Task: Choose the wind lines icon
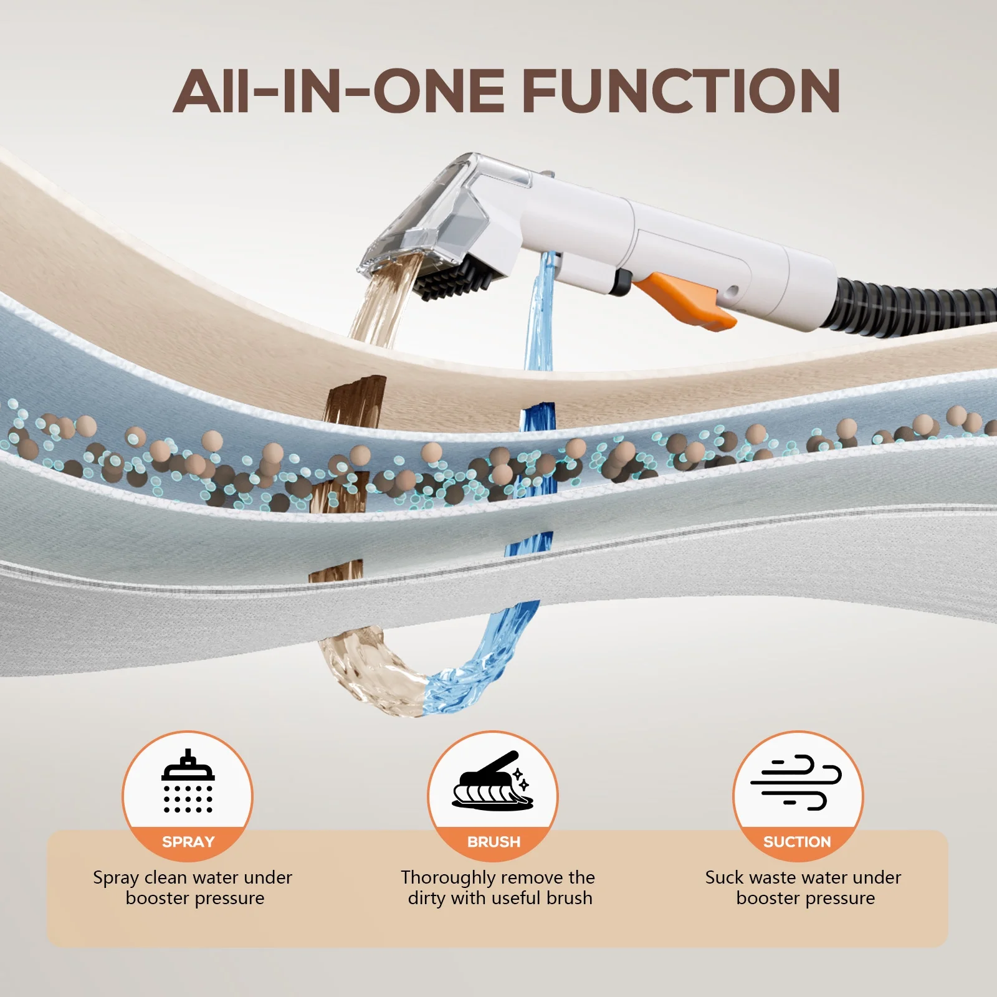coord(796,783)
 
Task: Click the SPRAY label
coord(188,842)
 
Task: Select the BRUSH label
coord(494,842)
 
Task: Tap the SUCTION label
coord(797,842)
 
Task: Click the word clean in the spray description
coord(165,877)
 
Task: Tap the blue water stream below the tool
coord(538,312)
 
